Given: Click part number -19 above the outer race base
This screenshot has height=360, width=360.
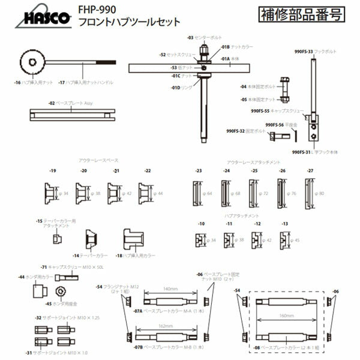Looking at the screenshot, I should [x=53, y=171].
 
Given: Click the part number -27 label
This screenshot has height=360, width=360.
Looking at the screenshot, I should [x=310, y=171].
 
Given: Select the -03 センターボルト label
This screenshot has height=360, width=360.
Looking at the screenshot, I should [x=204, y=37].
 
